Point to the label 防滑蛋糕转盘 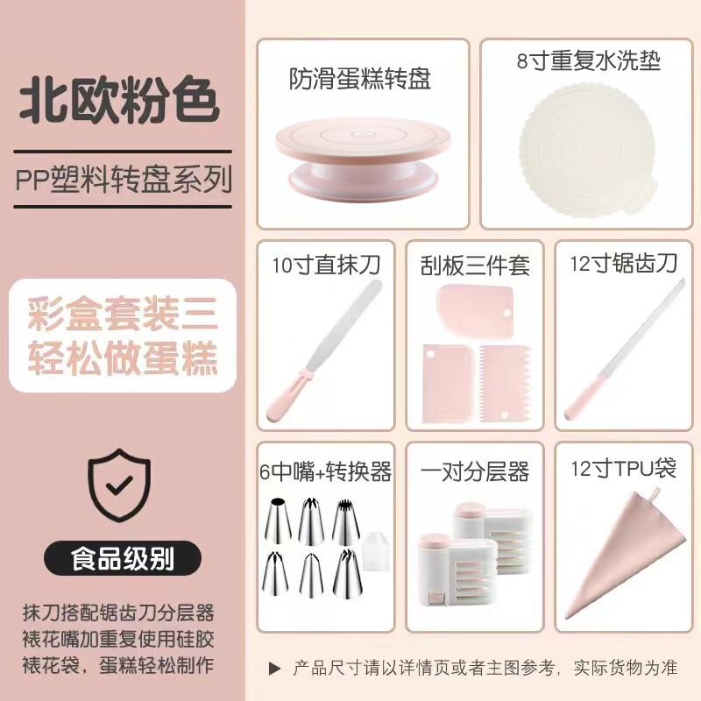(360, 80)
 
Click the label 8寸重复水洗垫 (587, 61)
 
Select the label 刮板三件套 (474, 264)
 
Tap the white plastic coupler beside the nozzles (374, 552)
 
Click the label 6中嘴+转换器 (325, 472)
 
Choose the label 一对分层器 (474, 472)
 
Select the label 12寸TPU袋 (623, 469)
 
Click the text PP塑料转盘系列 (124, 180)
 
